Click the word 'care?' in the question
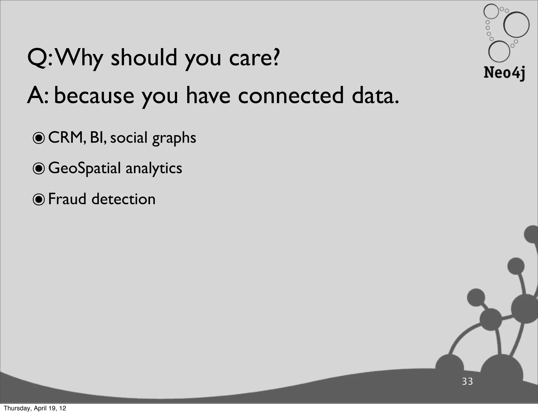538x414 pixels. (x=254, y=58)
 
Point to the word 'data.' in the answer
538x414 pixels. (x=375, y=96)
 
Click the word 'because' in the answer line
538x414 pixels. (x=94, y=96)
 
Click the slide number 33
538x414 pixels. (x=467, y=381)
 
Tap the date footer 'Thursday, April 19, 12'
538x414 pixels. (x=35, y=408)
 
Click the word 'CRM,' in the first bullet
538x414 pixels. (x=67, y=138)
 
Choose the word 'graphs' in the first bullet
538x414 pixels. (x=174, y=138)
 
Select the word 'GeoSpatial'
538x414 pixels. (x=84, y=168)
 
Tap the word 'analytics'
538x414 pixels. (x=154, y=168)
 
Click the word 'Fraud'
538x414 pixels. (x=67, y=199)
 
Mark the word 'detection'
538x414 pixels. (x=123, y=199)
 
